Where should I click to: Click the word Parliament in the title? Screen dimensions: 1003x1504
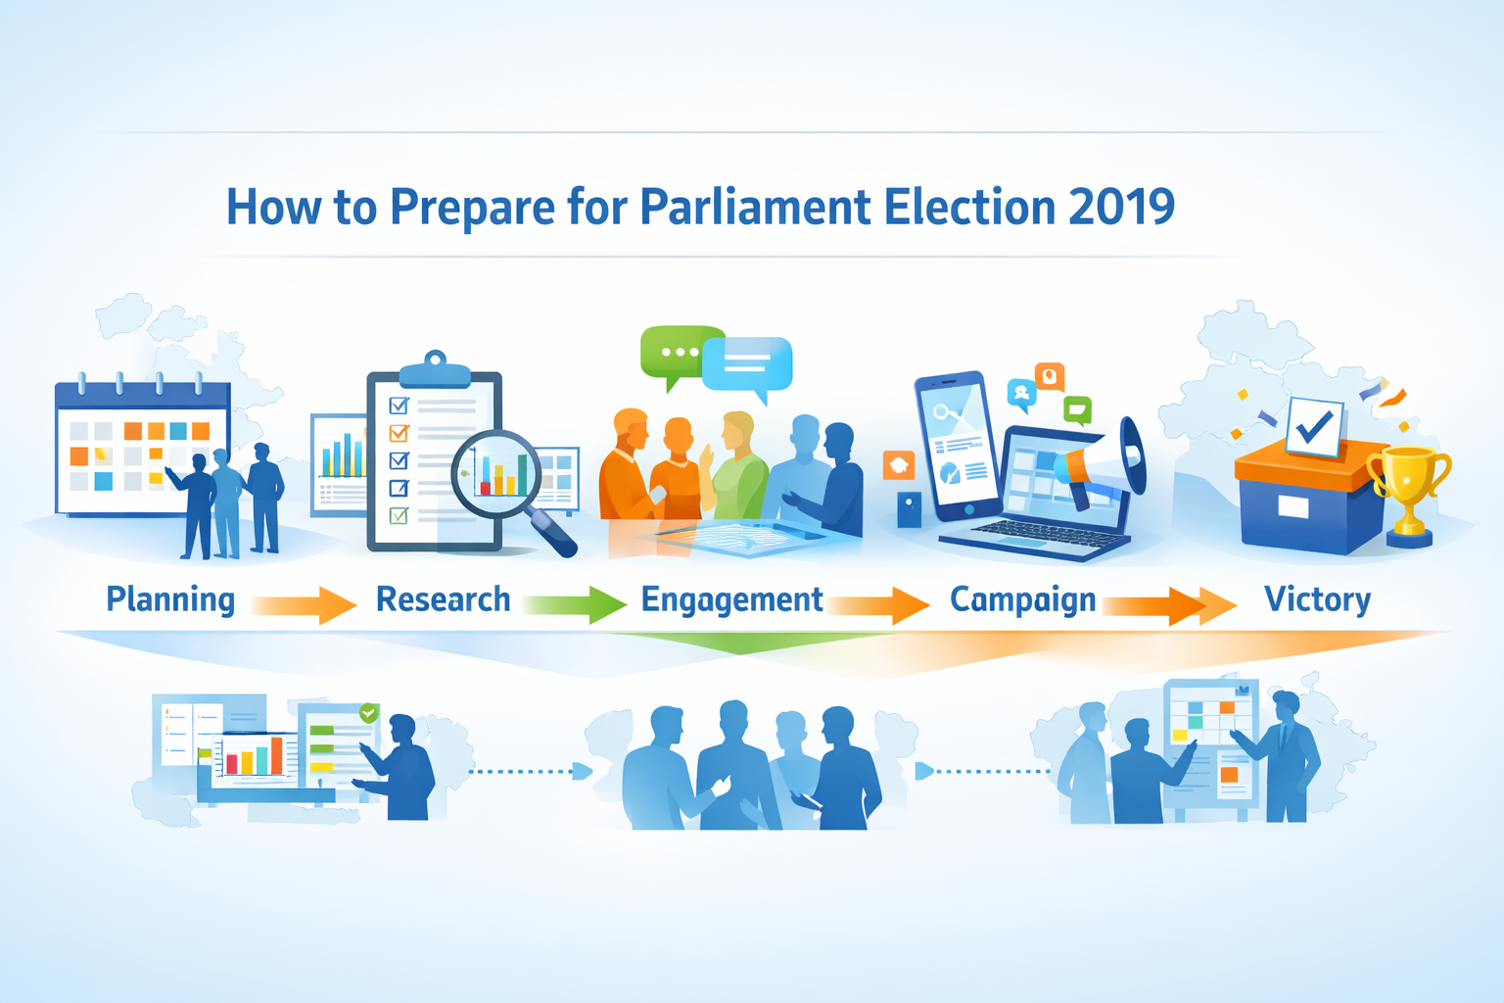(x=755, y=207)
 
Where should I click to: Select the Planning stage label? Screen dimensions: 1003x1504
(x=170, y=599)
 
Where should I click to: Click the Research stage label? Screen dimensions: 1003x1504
(x=443, y=599)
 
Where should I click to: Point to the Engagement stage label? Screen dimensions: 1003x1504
(x=731, y=599)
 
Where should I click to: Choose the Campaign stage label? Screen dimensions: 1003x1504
(x=1022, y=599)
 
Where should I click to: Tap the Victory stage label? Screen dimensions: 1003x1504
(x=1317, y=599)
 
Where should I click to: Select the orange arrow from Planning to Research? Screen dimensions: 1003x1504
(x=305, y=604)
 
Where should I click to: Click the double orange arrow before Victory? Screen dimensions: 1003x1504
(x=1171, y=605)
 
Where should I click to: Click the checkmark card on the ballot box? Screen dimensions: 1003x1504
(x=1314, y=425)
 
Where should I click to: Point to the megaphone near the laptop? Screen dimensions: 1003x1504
(x=1106, y=460)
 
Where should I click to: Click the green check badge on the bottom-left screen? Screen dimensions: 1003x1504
(x=369, y=713)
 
